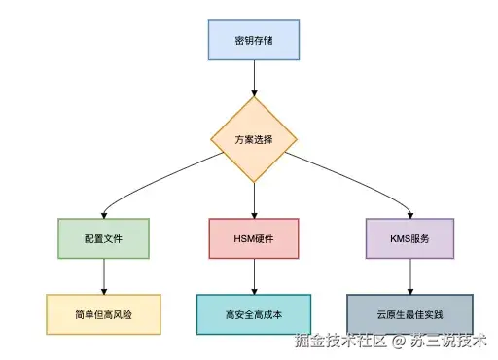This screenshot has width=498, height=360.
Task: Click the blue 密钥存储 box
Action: click(254, 40)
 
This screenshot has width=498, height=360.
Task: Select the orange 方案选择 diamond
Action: click(254, 139)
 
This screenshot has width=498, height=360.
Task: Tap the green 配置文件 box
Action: click(103, 237)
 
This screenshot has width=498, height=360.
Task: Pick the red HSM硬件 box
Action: click(254, 237)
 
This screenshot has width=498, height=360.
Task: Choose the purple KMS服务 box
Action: click(409, 237)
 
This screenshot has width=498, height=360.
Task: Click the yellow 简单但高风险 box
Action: click(103, 314)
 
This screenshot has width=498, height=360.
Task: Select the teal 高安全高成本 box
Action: click(254, 314)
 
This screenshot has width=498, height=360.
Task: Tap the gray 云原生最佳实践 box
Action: click(409, 314)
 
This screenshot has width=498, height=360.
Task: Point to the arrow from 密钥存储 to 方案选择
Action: click(254, 78)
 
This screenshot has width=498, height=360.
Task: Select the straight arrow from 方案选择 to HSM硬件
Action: click(254, 199)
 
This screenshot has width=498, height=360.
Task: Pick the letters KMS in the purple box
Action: click(397, 237)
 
